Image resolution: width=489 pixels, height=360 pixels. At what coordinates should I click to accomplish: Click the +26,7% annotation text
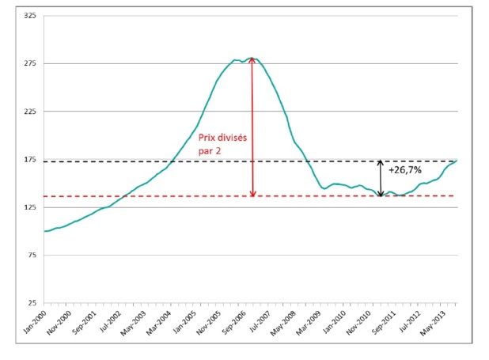tap(405, 169)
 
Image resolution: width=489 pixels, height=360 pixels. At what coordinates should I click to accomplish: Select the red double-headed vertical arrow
tap(252, 127)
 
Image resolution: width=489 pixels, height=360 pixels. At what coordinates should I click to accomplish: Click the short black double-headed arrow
tap(381, 178)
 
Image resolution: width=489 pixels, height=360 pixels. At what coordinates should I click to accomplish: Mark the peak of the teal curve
tap(252, 58)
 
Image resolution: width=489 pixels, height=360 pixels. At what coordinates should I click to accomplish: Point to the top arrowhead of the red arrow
tap(252, 60)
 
